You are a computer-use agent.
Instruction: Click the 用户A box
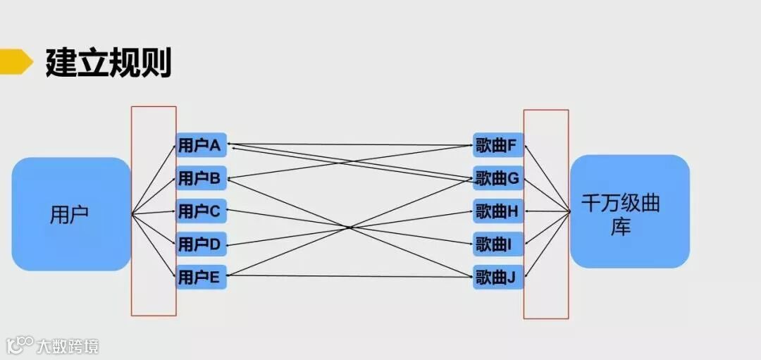click(x=201, y=146)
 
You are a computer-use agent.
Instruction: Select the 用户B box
click(x=201, y=179)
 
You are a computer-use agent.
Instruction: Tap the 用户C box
click(x=201, y=211)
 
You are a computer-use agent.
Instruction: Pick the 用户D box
click(x=201, y=244)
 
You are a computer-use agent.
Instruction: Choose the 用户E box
click(x=201, y=277)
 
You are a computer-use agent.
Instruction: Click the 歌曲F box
click(x=498, y=146)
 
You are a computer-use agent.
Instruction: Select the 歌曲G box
click(x=498, y=179)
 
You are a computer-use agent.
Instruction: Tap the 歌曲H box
click(x=498, y=211)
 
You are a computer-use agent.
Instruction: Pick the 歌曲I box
click(x=498, y=244)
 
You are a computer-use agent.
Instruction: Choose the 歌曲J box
click(x=498, y=277)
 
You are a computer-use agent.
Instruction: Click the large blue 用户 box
click(x=70, y=214)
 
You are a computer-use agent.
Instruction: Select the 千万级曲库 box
click(x=629, y=211)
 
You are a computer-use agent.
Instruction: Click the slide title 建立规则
click(x=109, y=63)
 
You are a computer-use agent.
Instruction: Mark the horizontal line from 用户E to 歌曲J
click(x=352, y=276)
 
